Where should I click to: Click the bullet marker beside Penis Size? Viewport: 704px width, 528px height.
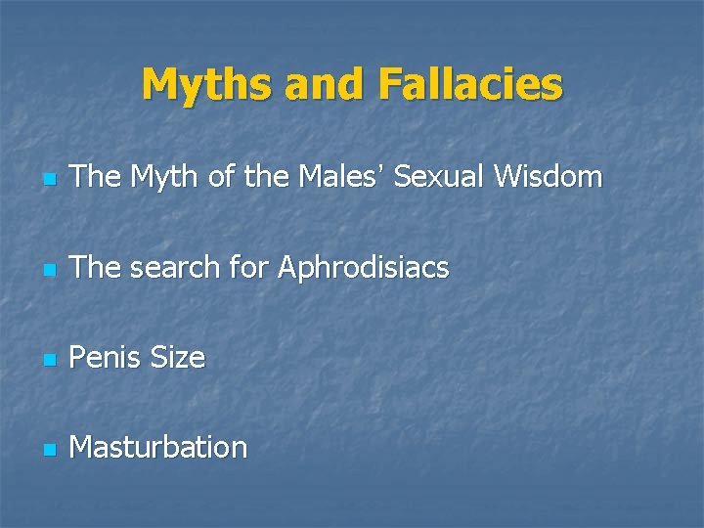(50, 360)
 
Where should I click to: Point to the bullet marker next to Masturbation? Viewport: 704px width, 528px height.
(50, 450)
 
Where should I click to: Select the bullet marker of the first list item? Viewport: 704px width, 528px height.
(50, 180)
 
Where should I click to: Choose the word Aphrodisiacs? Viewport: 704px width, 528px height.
(364, 267)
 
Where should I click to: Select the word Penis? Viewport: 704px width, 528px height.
(106, 358)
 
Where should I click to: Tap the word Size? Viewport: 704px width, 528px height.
(178, 358)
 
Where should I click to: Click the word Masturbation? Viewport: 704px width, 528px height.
(159, 448)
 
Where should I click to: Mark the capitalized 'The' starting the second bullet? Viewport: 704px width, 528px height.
(94, 267)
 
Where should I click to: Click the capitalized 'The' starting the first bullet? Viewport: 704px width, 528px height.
(94, 177)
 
